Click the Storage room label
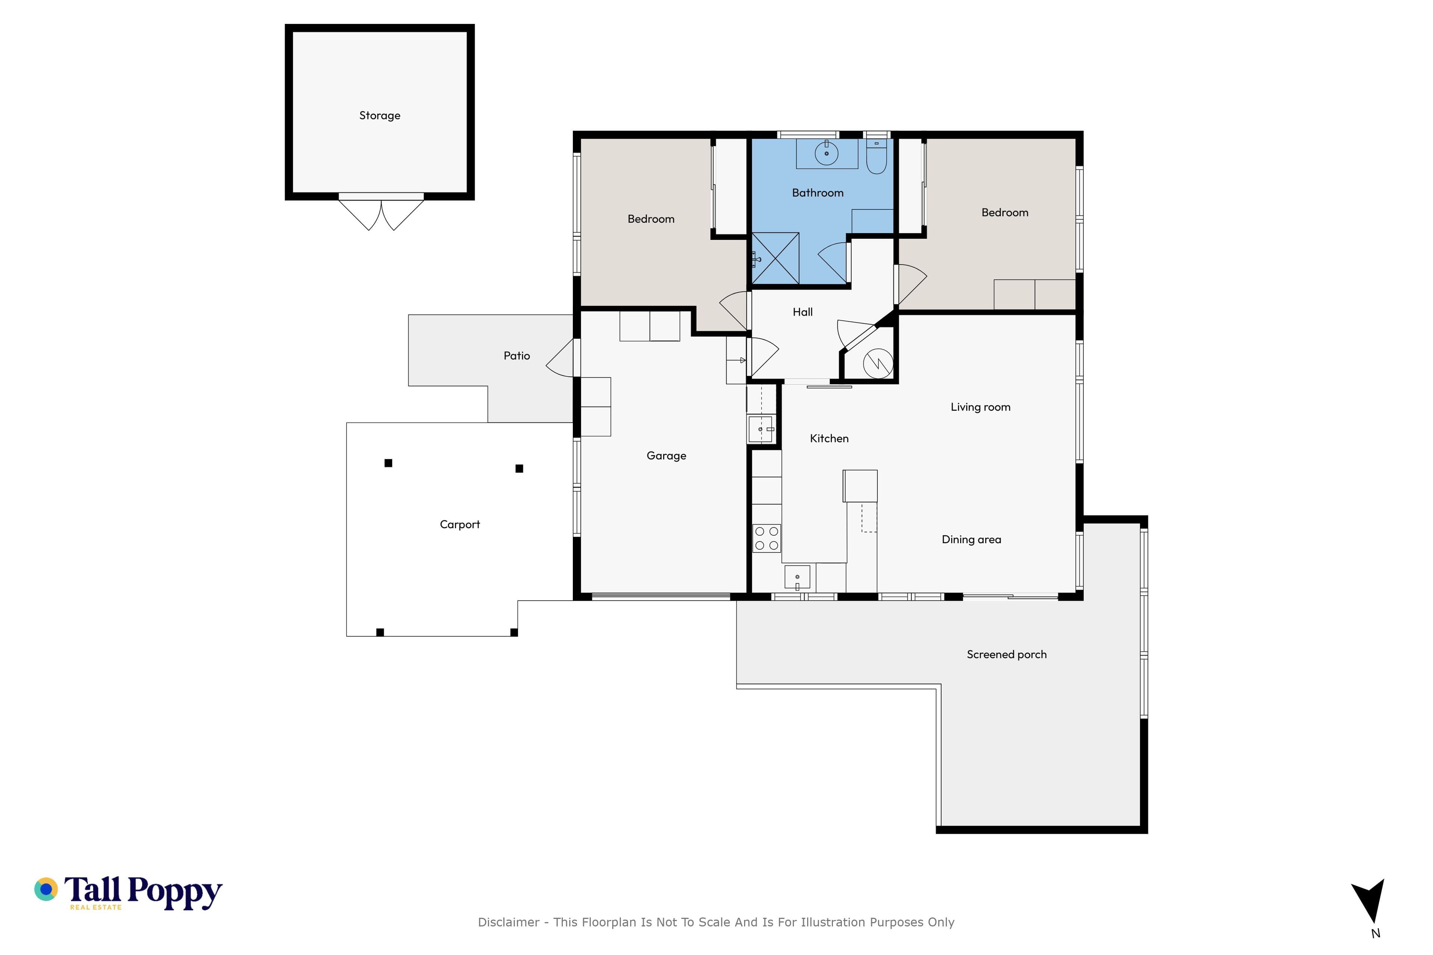[x=380, y=116]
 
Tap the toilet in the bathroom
[x=876, y=157]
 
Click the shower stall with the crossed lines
[x=775, y=258]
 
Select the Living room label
[x=980, y=407]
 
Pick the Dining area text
[x=971, y=540]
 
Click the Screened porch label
[x=1006, y=655]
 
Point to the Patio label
[x=516, y=356]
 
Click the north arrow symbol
[x=1369, y=903]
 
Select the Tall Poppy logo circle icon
[x=46, y=889]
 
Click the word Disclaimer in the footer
[x=509, y=922]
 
